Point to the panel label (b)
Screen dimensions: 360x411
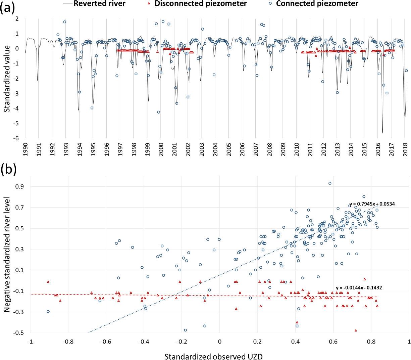(x=8, y=170)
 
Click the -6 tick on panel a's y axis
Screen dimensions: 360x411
(x=16, y=138)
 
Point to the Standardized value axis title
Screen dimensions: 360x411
(x=7, y=79)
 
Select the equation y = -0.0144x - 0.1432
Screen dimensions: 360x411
(x=359, y=288)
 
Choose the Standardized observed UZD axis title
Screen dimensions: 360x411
(x=213, y=356)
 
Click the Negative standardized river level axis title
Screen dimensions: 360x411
(x=7, y=255)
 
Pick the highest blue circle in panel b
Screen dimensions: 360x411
(x=330, y=183)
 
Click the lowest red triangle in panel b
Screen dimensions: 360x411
(x=356, y=330)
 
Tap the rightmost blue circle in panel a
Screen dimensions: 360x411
(x=406, y=71)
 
